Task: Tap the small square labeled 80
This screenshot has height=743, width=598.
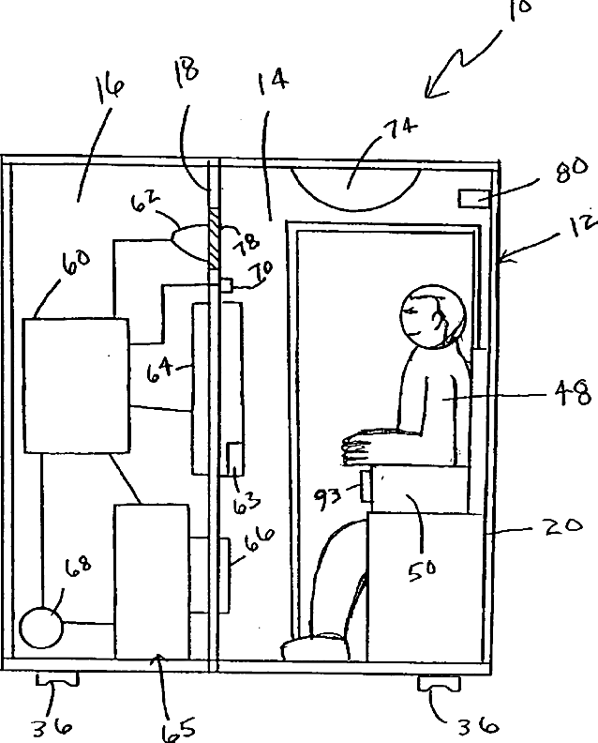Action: click(474, 199)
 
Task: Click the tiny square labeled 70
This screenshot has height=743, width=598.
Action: click(226, 284)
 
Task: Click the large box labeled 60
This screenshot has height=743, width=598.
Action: click(74, 385)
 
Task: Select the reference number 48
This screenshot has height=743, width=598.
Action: click(575, 394)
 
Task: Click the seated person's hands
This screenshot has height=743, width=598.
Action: click(366, 444)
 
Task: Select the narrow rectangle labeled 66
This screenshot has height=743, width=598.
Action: click(224, 574)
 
